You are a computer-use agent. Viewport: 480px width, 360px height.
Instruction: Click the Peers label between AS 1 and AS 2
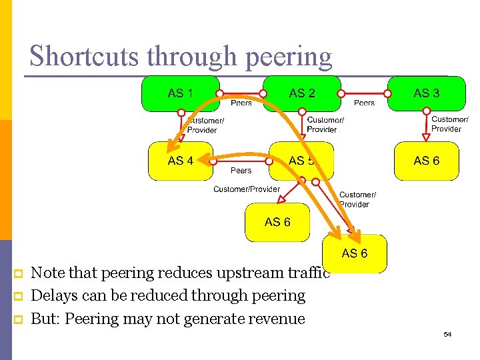(241, 103)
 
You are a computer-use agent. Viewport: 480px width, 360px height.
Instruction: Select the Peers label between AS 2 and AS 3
(364, 103)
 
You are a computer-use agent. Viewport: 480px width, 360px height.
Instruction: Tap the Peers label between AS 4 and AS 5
(241, 171)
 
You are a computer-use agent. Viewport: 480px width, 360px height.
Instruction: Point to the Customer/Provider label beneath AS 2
(325, 125)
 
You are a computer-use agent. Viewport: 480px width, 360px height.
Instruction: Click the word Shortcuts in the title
(85, 57)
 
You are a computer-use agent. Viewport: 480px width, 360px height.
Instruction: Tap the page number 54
(447, 334)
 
